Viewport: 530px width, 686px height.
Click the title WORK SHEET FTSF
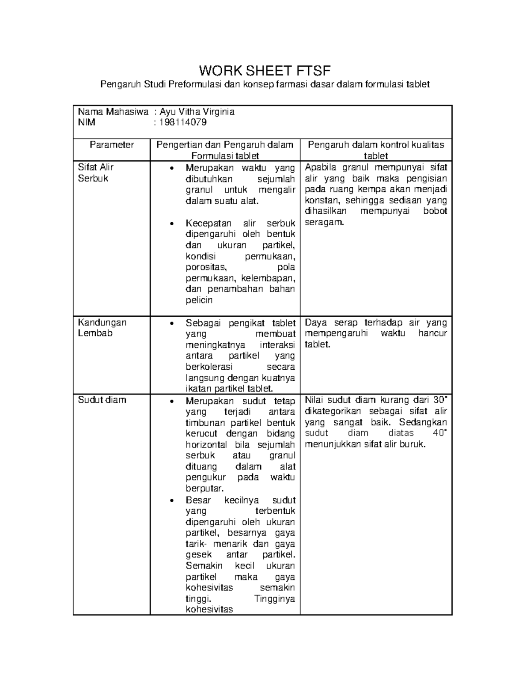tap(265, 71)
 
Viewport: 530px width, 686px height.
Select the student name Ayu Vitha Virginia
tap(197, 112)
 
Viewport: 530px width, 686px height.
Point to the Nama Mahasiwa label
tap(113, 112)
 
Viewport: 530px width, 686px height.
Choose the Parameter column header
tap(112, 145)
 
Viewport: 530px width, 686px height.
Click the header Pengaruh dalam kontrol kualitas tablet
tap(376, 150)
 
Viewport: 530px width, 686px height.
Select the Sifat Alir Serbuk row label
tap(96, 173)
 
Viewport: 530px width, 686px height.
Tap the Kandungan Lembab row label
tap(102, 328)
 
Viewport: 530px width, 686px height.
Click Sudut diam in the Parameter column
tap(102, 400)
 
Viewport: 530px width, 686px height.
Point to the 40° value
tap(440, 433)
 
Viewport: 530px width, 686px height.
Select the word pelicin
tap(199, 300)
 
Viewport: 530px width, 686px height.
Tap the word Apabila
tap(320, 167)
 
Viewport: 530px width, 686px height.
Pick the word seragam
tap(324, 222)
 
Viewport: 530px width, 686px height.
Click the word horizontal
tap(206, 445)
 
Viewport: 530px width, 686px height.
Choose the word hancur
tap(432, 334)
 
